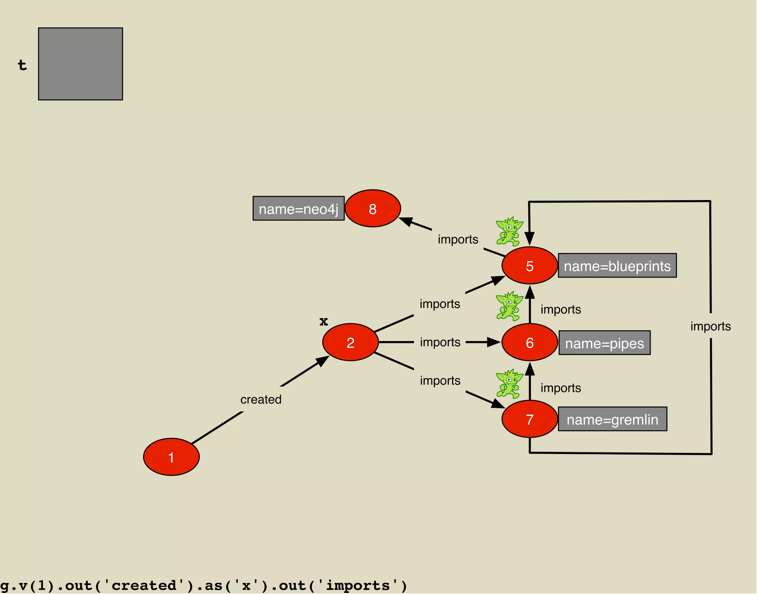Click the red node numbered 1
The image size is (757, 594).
pos(171,457)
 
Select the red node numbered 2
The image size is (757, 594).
pos(350,342)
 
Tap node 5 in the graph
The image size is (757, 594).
pos(529,265)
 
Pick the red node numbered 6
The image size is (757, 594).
pos(529,342)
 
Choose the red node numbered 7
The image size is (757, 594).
pos(529,419)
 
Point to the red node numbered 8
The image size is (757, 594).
pos(373,209)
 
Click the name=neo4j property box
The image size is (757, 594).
pos(298,209)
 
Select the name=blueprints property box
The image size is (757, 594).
pos(617,265)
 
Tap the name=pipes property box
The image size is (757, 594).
pos(604,343)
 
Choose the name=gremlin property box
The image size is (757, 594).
pos(612,419)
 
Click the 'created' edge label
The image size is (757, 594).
pos(261,399)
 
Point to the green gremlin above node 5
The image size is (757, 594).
pos(509,231)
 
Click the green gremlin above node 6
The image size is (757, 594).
pos(509,306)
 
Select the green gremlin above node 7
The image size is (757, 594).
pos(509,384)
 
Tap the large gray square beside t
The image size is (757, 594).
pos(81,64)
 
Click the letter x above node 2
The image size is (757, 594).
pos(324,321)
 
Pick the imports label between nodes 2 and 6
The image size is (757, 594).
pos(440,342)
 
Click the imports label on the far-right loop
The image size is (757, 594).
pos(710,326)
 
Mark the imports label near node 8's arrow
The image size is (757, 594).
pos(458,239)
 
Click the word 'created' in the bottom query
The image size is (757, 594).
pos(144,586)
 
